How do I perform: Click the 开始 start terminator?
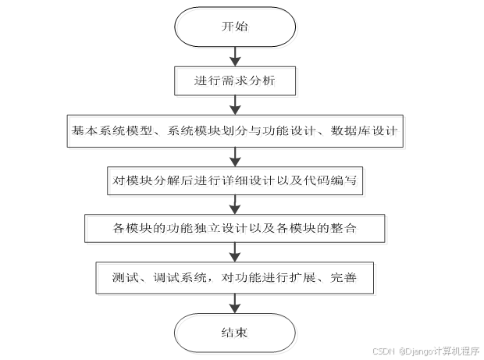[234, 27]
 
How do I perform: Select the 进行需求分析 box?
[234, 80]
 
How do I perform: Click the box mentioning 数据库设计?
[234, 130]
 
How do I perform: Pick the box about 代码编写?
[234, 181]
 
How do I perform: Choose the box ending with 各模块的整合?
[234, 228]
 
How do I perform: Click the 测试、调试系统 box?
[234, 277]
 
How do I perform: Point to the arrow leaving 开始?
[234, 56]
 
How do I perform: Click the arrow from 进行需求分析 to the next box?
[234, 105]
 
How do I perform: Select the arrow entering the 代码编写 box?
[234, 155]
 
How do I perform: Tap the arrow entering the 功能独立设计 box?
[234, 205]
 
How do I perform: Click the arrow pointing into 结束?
[234, 303]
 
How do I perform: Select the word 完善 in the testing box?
[344, 277]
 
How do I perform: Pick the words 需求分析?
[251, 80]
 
